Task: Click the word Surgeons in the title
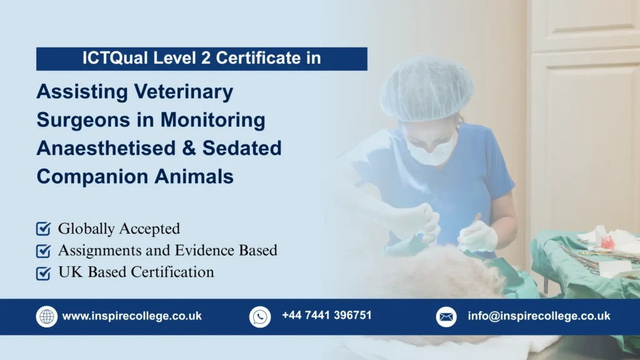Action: point(76,120)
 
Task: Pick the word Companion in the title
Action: point(85,177)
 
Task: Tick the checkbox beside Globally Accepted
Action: point(43,229)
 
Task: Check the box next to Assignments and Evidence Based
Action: point(43,251)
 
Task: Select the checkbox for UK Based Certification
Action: point(43,272)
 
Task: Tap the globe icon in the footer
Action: point(47,316)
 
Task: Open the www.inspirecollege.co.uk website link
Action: point(132,316)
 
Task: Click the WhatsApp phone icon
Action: point(260,316)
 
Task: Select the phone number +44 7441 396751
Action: point(326,316)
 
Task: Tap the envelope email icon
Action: point(446,316)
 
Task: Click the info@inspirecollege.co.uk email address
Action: point(539,316)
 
